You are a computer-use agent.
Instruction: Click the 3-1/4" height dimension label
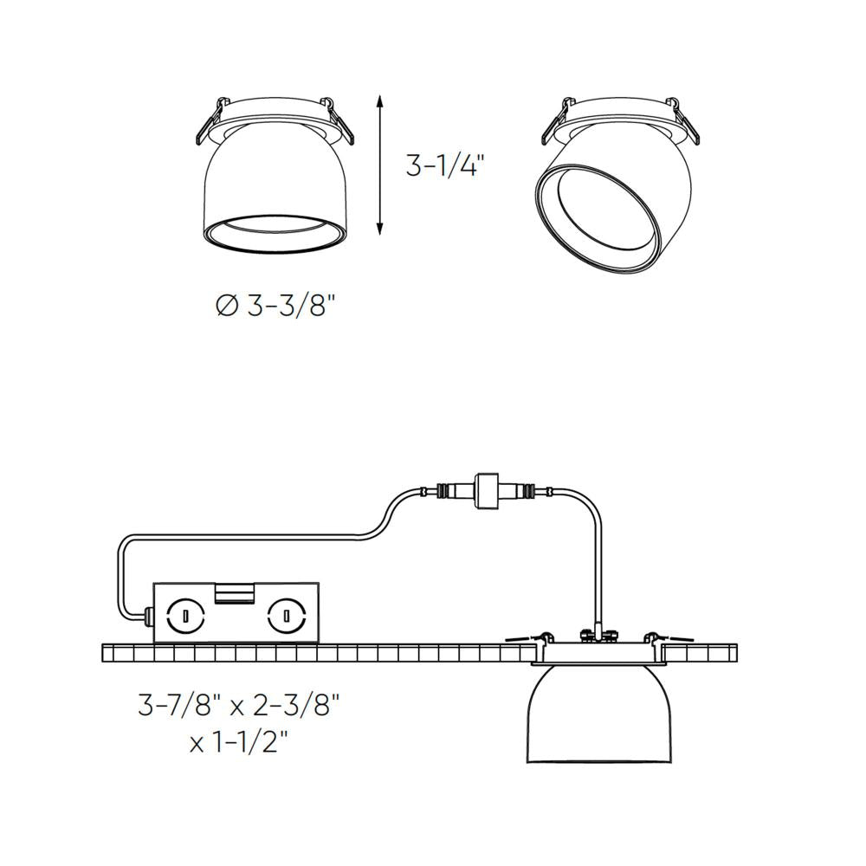441,165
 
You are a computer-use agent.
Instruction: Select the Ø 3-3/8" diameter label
275,305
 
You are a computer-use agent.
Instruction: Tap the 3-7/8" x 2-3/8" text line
238,707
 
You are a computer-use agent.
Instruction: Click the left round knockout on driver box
184,617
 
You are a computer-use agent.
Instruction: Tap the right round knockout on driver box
283,617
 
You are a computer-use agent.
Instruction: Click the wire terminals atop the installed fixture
599,635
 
